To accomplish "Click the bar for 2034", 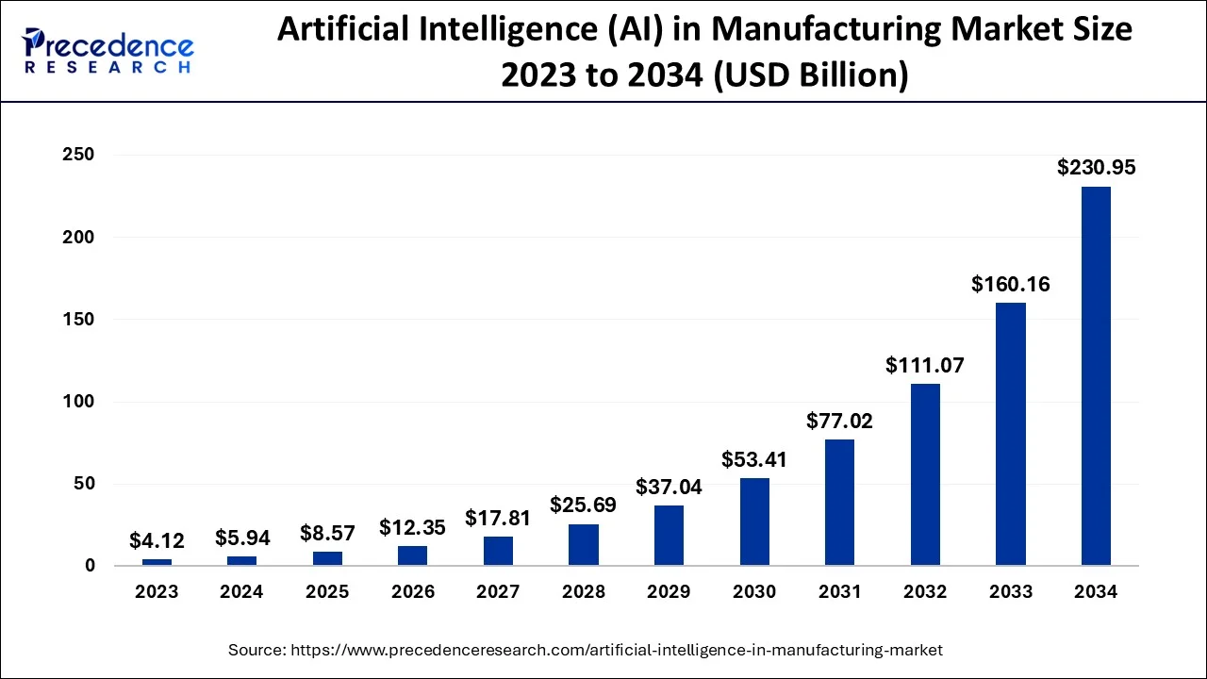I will (x=1096, y=376).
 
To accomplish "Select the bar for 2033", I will (x=1011, y=434).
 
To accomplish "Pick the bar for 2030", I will (x=754, y=522).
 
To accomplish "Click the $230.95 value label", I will (x=1096, y=168).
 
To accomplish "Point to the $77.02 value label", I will (x=839, y=421).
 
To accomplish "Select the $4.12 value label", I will (x=157, y=541).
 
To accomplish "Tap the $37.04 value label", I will (x=669, y=487).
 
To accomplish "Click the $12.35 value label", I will (x=413, y=527).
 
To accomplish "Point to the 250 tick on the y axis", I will (x=79, y=155).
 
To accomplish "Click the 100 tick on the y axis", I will (x=79, y=402).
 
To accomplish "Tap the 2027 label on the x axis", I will (x=498, y=592).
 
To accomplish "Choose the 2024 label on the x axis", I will (x=242, y=592).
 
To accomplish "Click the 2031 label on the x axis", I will (x=839, y=592).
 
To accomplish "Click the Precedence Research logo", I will (x=108, y=52).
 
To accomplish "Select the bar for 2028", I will (x=584, y=545).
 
